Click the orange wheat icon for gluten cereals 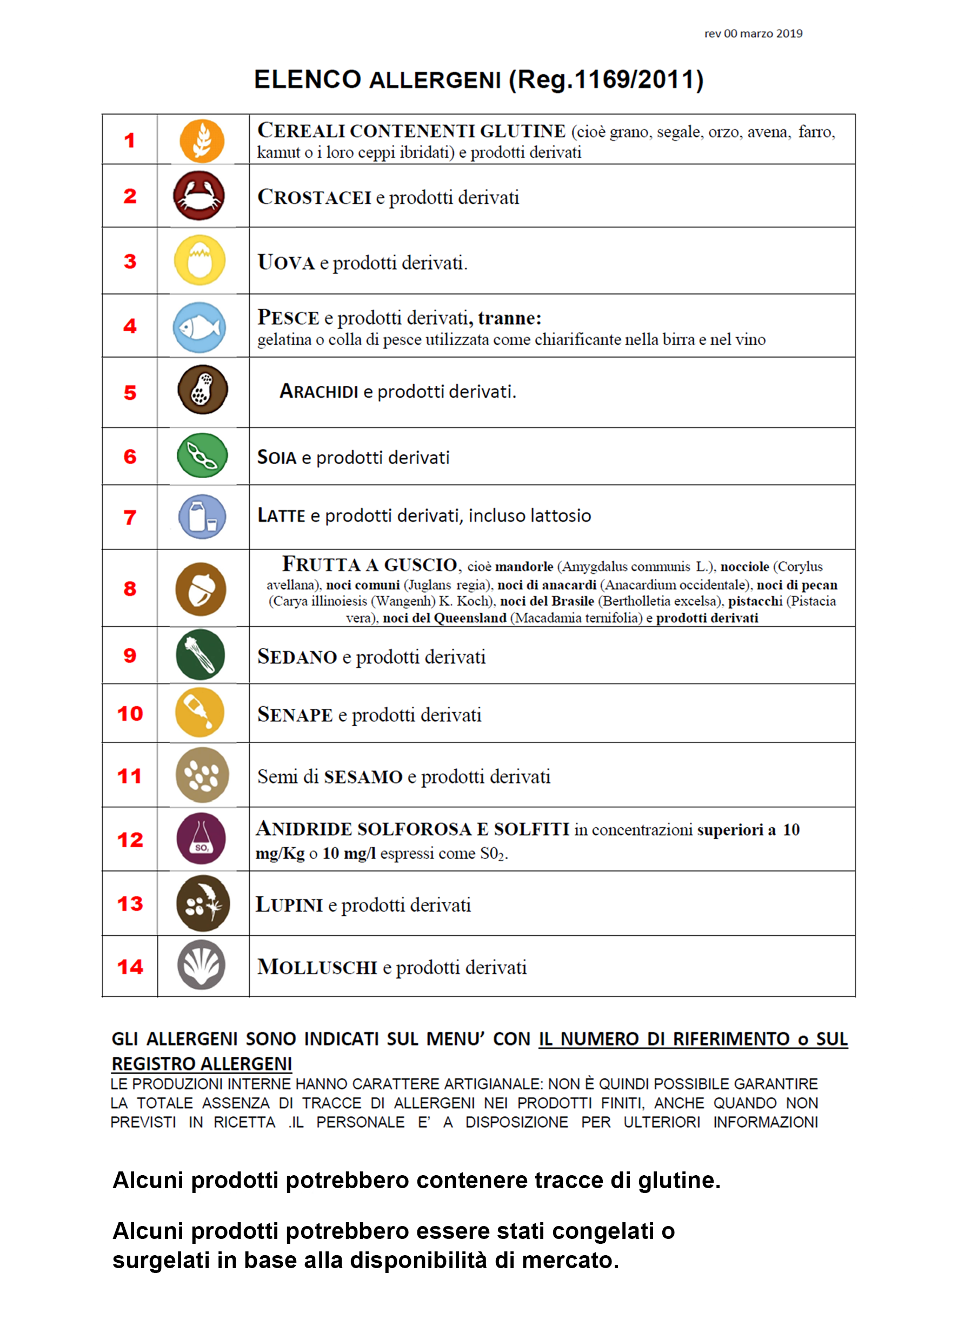pyautogui.click(x=202, y=141)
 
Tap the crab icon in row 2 pyautogui.click(x=199, y=195)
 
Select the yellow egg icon pyautogui.click(x=200, y=260)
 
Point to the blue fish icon pyautogui.click(x=199, y=327)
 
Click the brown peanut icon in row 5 pyautogui.click(x=202, y=390)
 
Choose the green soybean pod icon pyautogui.click(x=202, y=455)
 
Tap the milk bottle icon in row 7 pyautogui.click(x=202, y=517)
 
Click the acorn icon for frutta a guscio pyautogui.click(x=201, y=589)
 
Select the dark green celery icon pyautogui.click(x=201, y=654)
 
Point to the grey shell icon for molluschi pyautogui.click(x=201, y=964)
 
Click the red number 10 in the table pyautogui.click(x=130, y=714)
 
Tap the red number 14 pyautogui.click(x=130, y=967)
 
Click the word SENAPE pyautogui.click(x=295, y=715)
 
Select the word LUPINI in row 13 pyautogui.click(x=289, y=905)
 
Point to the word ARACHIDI pyautogui.click(x=318, y=391)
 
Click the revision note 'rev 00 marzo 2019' pyautogui.click(x=753, y=33)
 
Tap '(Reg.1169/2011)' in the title pyautogui.click(x=606, y=79)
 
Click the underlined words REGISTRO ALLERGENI pyautogui.click(x=202, y=1063)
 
